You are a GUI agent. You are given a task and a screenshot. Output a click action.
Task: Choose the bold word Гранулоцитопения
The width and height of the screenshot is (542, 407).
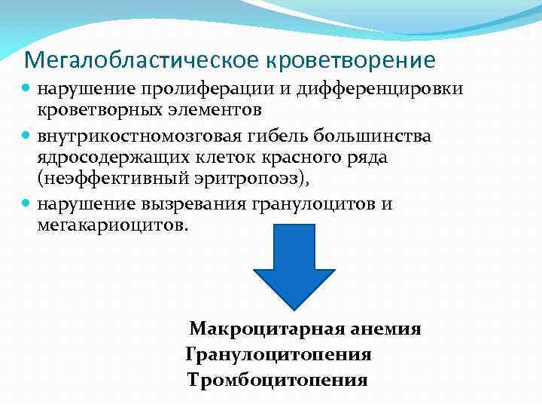click(x=278, y=354)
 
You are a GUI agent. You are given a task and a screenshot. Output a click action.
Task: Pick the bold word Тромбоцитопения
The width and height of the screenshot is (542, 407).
click(x=277, y=379)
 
